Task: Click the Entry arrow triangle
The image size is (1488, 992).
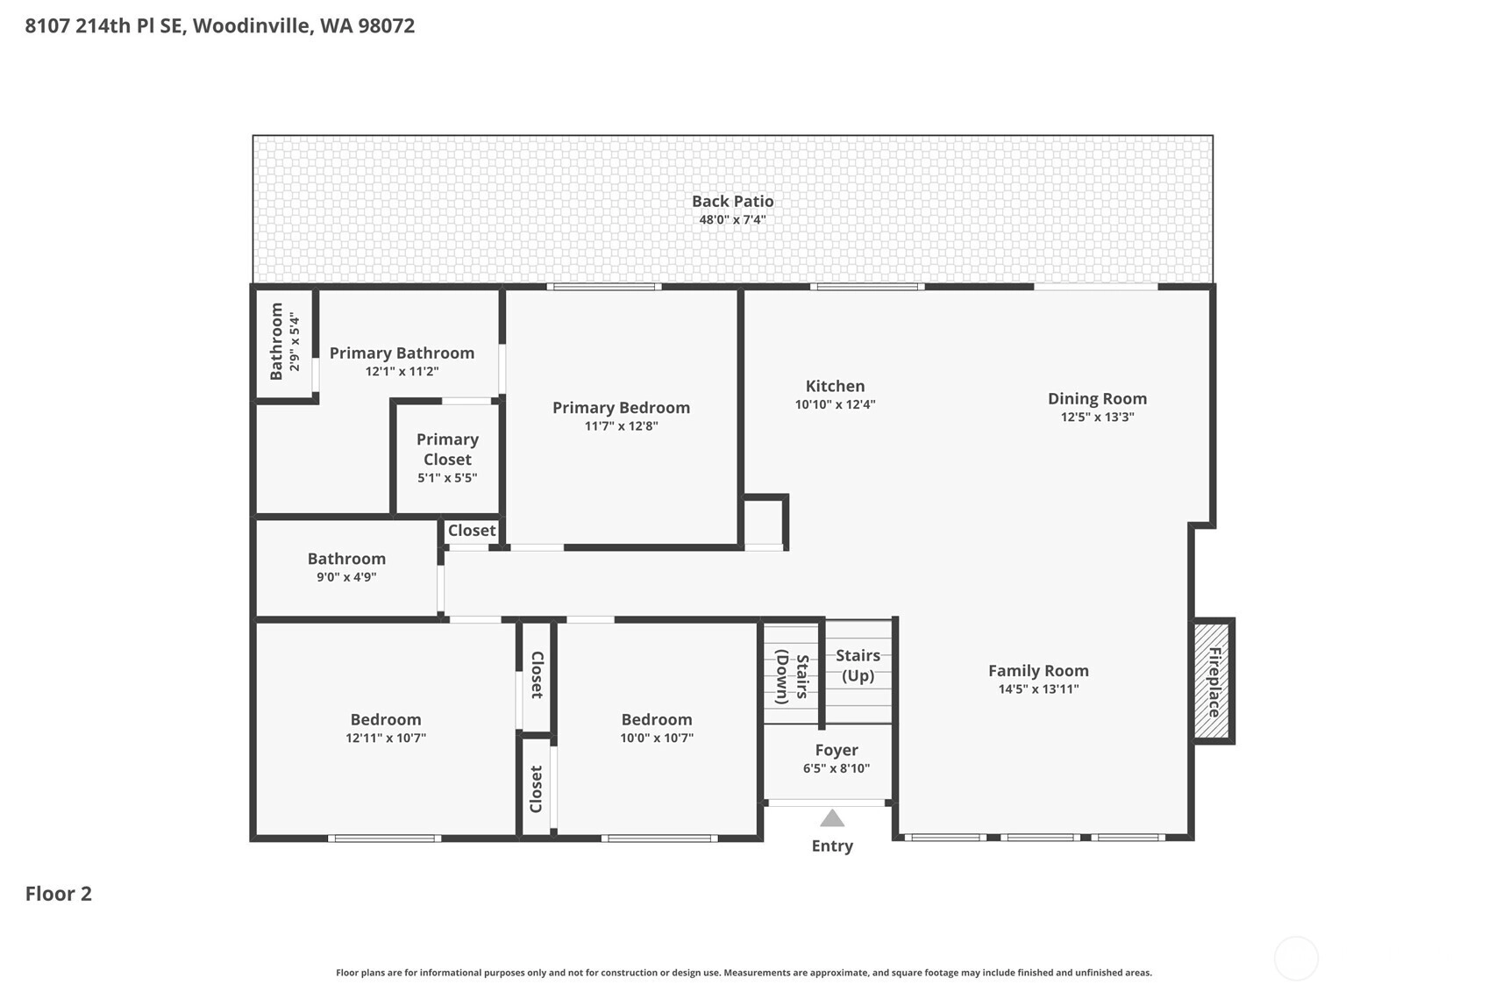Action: pos(832,818)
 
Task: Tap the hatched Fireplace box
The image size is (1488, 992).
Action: pos(1213,681)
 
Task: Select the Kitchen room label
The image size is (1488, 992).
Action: pos(835,386)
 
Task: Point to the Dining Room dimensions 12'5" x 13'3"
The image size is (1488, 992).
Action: pos(1098,417)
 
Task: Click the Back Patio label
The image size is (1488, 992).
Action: pos(733,202)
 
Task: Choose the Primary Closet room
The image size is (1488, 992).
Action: pos(448,459)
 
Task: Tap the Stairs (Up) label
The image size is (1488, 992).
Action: pos(858,666)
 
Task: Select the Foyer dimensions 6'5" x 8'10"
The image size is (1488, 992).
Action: pos(837,768)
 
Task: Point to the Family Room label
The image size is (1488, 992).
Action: pos(1038,671)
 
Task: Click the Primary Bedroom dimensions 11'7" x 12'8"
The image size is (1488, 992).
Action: pos(621,426)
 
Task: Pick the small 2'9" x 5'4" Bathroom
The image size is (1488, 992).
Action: pos(284,344)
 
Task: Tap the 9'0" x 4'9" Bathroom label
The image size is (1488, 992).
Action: pos(346,559)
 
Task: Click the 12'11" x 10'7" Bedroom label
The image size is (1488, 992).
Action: pos(386,719)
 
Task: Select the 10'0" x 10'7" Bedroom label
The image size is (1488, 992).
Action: pos(657,719)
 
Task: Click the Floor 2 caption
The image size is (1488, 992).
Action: pos(59,894)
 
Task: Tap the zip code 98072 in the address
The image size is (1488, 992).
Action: pos(386,25)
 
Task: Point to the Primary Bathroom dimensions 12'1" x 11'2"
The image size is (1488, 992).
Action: pos(402,371)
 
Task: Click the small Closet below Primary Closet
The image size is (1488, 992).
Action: pos(471,531)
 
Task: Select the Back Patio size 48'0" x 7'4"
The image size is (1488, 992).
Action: pos(733,220)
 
